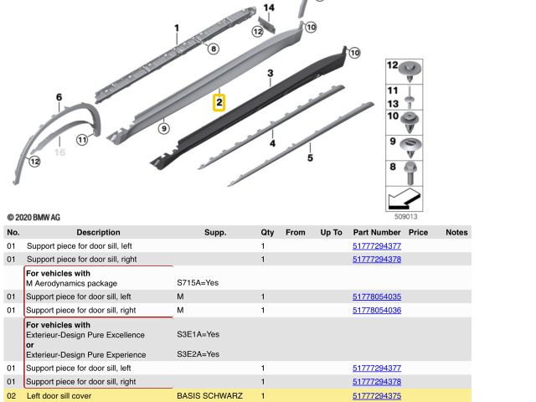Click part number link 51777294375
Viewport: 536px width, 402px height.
[x=377, y=395]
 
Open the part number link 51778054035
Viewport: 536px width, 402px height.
[x=377, y=296]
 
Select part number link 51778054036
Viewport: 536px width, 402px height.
[x=377, y=311]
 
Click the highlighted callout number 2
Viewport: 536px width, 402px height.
[x=219, y=103]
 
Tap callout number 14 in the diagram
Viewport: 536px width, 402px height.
[x=268, y=8]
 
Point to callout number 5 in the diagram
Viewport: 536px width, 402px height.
[x=310, y=157]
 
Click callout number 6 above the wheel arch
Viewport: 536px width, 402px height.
[x=59, y=98]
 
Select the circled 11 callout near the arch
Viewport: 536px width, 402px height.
[x=81, y=140]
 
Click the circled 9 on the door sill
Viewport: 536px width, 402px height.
[x=164, y=128]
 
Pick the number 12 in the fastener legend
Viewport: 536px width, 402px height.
[x=393, y=65]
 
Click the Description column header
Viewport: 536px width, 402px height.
[x=98, y=232]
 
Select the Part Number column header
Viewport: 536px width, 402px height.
[x=376, y=232]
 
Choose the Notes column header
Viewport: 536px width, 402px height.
[x=456, y=232]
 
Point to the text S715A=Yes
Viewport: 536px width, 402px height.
[x=198, y=284]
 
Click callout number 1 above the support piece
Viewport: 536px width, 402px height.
[x=177, y=28]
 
